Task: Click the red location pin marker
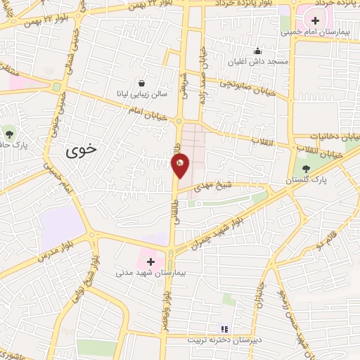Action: (x=180, y=164)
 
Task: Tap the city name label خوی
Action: (x=83, y=150)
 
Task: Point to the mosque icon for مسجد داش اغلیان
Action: (x=259, y=51)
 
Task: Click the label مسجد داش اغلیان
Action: (x=258, y=62)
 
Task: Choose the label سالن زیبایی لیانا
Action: (x=143, y=93)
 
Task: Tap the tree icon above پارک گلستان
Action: (x=306, y=169)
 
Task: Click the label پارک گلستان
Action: (x=308, y=181)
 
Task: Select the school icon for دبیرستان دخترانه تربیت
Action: (x=224, y=328)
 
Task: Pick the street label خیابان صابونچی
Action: (x=238, y=84)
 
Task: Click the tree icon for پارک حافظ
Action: (x=8, y=133)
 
